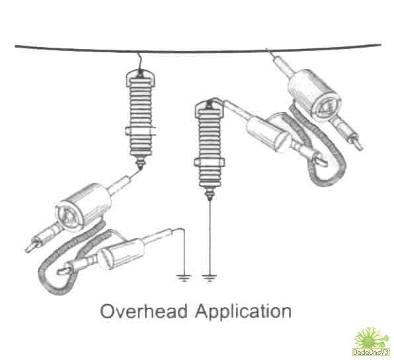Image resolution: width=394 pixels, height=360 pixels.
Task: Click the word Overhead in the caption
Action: pos(143,311)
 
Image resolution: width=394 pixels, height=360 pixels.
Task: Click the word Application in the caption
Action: pos(243,312)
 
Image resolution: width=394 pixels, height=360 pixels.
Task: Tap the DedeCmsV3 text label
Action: pos(371,351)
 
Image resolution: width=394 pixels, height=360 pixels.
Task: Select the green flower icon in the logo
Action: pos(370,337)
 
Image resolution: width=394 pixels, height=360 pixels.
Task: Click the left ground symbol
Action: pos(184,278)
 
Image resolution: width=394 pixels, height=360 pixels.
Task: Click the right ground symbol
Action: pos(210,278)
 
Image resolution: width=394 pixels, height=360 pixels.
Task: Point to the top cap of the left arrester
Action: pos(140,75)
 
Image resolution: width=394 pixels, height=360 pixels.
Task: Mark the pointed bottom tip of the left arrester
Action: pos(140,168)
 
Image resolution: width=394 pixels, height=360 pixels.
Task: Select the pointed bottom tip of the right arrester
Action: pos(210,199)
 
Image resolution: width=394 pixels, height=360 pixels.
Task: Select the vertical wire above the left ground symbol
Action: pos(184,251)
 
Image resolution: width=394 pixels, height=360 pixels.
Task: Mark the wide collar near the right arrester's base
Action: pos(210,161)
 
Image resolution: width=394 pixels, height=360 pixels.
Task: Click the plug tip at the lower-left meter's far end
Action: pos(28,249)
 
